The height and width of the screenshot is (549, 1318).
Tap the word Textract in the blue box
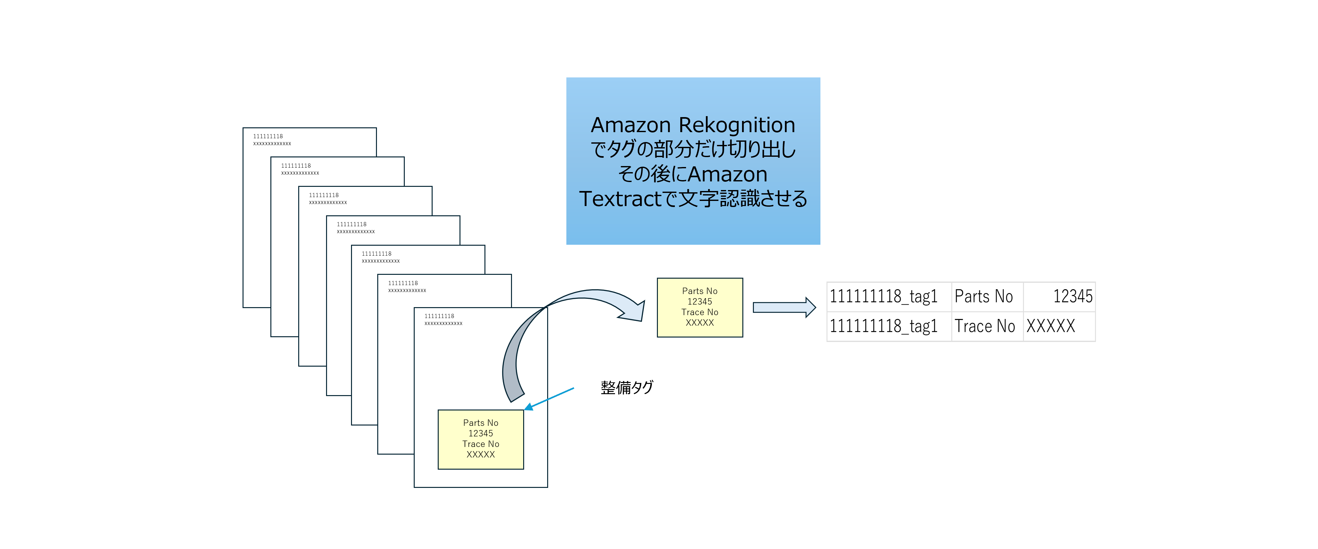click(x=620, y=199)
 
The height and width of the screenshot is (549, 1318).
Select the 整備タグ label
click(x=627, y=387)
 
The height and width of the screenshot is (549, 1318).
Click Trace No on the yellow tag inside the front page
click(x=480, y=444)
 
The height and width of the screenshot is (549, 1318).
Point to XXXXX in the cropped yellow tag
click(x=699, y=323)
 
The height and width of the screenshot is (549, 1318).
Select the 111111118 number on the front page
click(x=439, y=316)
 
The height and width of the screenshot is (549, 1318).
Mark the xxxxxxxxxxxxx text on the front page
click(x=443, y=324)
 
